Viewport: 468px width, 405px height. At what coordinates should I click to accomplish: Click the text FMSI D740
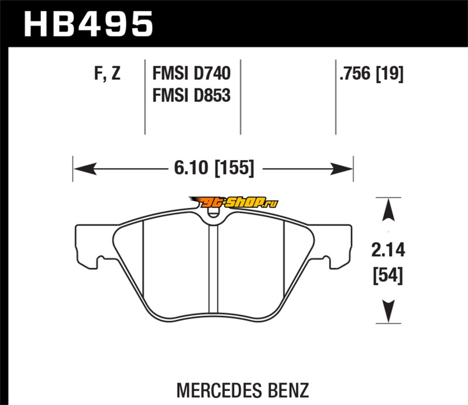(x=191, y=74)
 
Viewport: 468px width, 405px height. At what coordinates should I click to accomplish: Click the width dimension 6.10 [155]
(x=213, y=169)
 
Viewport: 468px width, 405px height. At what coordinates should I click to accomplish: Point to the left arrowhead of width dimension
(x=82, y=169)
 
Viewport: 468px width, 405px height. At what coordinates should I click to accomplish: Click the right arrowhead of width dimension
(x=345, y=169)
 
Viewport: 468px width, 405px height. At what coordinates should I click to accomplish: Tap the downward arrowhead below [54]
(x=387, y=308)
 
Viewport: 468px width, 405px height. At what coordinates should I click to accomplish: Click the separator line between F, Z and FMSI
(x=144, y=97)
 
